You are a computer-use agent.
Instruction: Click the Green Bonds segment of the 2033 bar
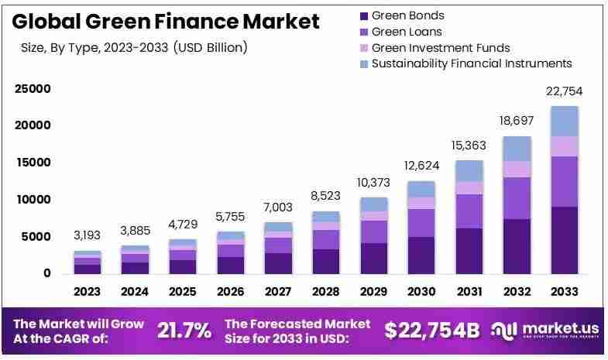pyautogui.click(x=564, y=240)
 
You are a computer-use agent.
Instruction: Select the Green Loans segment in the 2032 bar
pyautogui.click(x=517, y=198)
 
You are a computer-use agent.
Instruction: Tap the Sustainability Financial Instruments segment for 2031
pyautogui.click(x=469, y=171)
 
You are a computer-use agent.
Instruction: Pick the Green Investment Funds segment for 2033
pyautogui.click(x=564, y=146)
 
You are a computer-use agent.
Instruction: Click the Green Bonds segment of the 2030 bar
pyautogui.click(x=421, y=255)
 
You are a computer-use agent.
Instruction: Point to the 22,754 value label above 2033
pyautogui.click(x=564, y=91)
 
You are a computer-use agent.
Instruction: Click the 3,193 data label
pyautogui.click(x=88, y=235)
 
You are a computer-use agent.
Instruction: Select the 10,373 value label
pyautogui.click(x=373, y=183)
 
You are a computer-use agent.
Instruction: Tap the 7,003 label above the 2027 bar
pyautogui.click(x=278, y=207)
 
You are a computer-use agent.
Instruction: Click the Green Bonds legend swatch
pyautogui.click(x=364, y=16)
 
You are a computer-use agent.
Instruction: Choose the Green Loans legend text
pyautogui.click(x=407, y=32)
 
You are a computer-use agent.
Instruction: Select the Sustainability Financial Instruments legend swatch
pyautogui.click(x=364, y=64)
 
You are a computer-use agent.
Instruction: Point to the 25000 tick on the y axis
pyautogui.click(x=33, y=89)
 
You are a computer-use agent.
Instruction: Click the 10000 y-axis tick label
pyautogui.click(x=33, y=200)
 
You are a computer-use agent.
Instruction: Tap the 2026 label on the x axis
pyautogui.click(x=230, y=291)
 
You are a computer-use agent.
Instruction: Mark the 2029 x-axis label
pyautogui.click(x=373, y=291)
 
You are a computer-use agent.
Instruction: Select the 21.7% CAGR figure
pyautogui.click(x=184, y=331)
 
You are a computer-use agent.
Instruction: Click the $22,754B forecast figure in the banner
pyautogui.click(x=432, y=331)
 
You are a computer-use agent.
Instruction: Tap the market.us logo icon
pyautogui.click(x=503, y=331)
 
